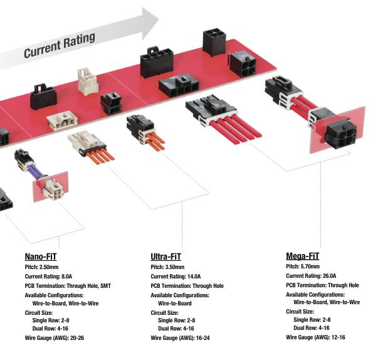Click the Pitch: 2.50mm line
pos(45,268)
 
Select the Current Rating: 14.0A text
pos(176,277)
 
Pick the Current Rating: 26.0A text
pos(311,276)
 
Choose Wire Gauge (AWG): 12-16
pos(315,337)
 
